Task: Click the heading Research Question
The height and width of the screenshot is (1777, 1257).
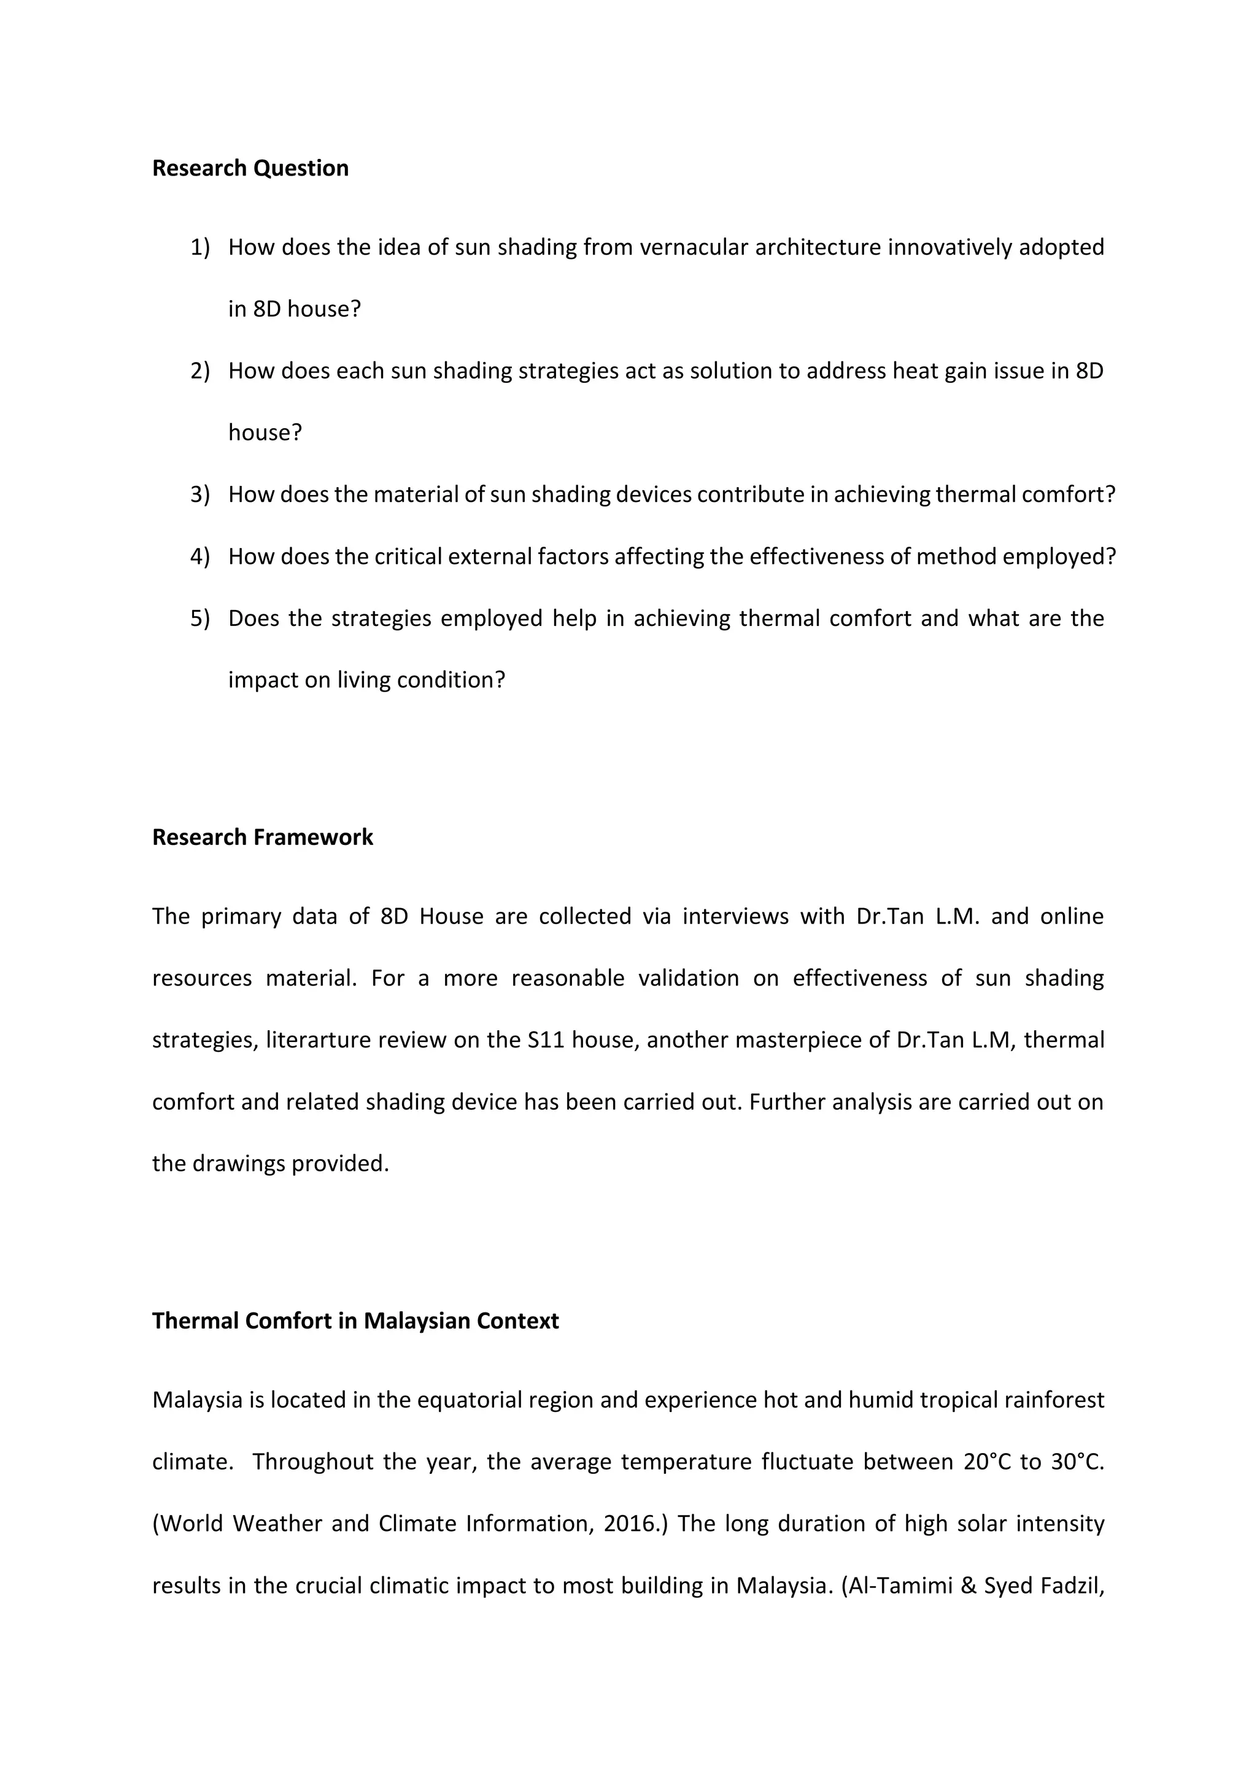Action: coord(250,168)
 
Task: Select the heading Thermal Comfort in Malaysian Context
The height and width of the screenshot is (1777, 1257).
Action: coord(355,1320)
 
